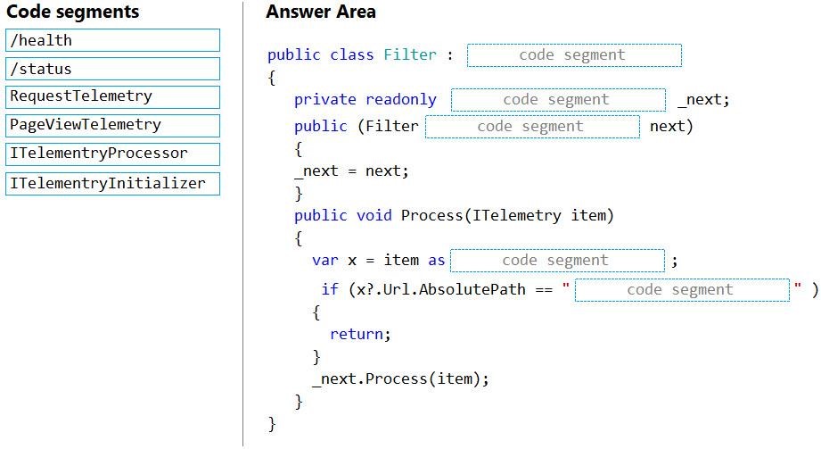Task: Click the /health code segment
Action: pos(112,40)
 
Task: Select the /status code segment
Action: pos(112,69)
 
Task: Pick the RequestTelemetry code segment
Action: pos(112,97)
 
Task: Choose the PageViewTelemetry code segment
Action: pos(112,125)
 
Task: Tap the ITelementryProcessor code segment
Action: pos(112,154)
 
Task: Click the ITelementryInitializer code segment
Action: pos(112,184)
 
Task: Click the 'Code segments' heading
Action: pos(73,12)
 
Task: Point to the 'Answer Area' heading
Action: pos(320,12)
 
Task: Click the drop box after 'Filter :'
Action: pos(574,55)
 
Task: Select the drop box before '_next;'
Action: pos(559,100)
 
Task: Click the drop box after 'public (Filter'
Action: pos(532,127)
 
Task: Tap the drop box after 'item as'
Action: pos(558,261)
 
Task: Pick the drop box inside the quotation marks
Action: pos(682,290)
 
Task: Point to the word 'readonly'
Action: pos(401,100)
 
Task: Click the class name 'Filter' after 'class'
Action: pos(410,54)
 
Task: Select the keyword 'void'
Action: pos(374,216)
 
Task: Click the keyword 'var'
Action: pos(325,261)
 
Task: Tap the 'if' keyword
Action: pos(330,289)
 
